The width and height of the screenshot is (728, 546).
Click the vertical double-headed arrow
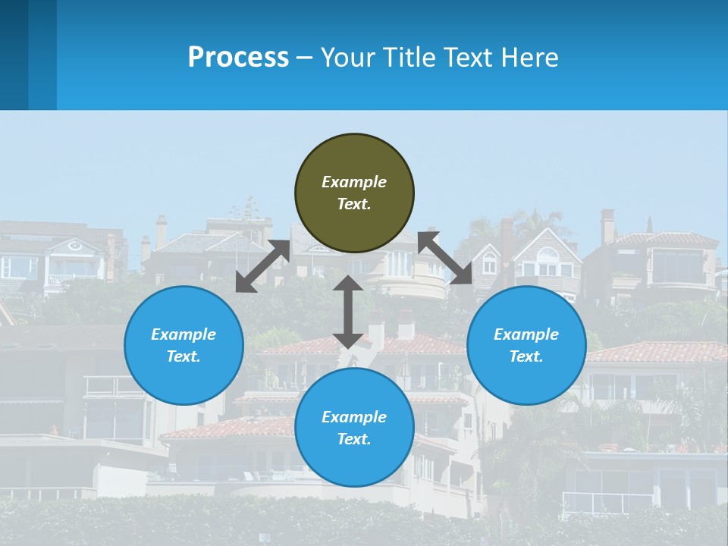(348, 312)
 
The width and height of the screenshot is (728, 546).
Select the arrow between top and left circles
(262, 266)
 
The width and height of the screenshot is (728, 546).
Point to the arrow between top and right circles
(445, 258)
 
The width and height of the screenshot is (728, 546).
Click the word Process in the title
(238, 57)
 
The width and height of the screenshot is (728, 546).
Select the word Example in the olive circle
(354, 182)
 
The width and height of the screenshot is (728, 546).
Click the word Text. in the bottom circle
(354, 439)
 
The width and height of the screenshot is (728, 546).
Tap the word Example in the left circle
(184, 334)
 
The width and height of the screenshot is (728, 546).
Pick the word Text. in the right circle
(526, 356)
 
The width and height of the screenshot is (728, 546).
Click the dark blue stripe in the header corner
(14, 55)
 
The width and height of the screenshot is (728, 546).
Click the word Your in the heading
(347, 57)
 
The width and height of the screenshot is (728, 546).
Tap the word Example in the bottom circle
(354, 417)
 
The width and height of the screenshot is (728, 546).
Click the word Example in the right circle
(526, 334)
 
